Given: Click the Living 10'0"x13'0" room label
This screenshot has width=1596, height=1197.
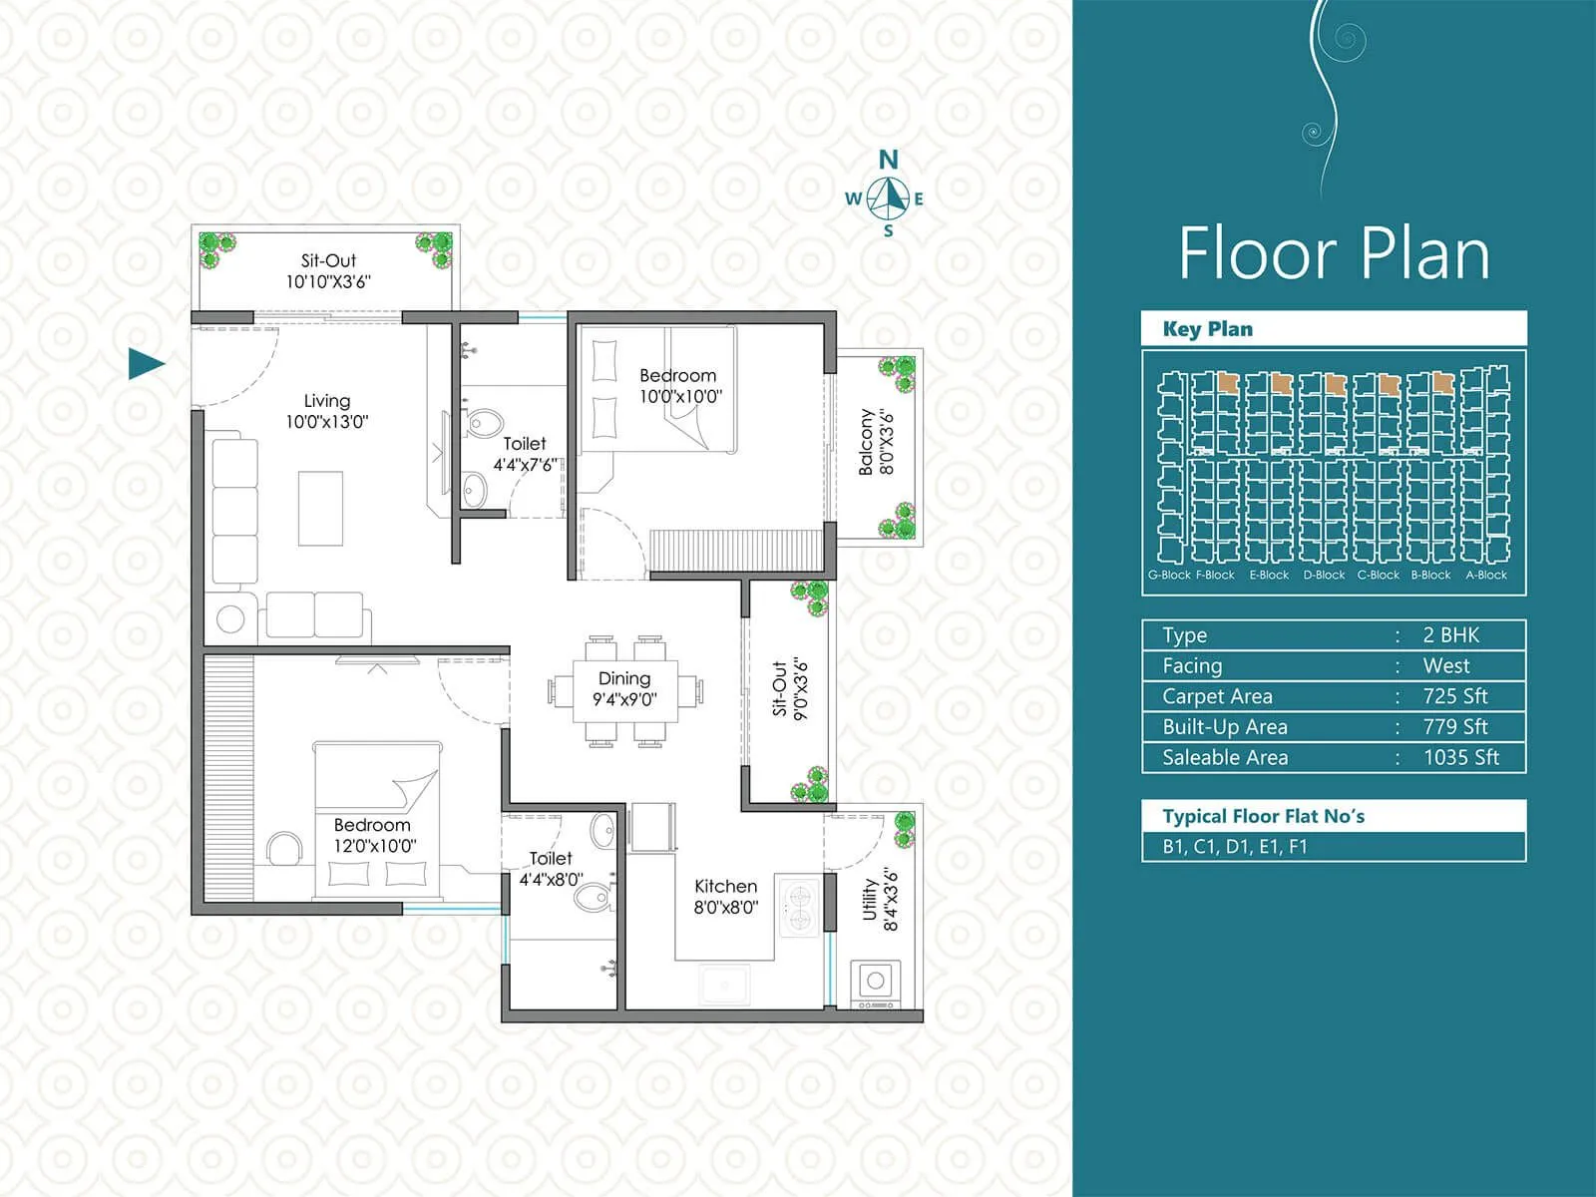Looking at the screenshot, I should (x=327, y=411).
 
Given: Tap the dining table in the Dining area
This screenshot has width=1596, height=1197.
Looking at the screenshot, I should (x=624, y=690).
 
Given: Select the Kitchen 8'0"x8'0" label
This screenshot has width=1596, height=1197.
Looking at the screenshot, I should (x=726, y=896).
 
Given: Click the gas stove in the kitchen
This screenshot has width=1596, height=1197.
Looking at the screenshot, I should (x=799, y=906).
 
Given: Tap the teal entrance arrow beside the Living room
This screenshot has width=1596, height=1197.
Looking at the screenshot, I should (x=146, y=364).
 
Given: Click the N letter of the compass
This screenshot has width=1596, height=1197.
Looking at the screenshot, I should (x=888, y=160).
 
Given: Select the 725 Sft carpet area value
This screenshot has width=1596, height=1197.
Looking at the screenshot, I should (x=1454, y=696).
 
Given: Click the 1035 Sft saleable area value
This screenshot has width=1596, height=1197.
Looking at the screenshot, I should (x=1460, y=757).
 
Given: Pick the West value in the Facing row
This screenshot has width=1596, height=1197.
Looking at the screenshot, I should (x=1446, y=665).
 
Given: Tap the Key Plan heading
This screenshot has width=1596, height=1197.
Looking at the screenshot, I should (x=1207, y=329).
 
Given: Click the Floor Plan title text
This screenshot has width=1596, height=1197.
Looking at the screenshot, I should (x=1334, y=253).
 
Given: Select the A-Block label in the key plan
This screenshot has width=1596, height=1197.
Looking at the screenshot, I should (x=1485, y=575).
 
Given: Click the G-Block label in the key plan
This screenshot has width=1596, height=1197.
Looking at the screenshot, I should (x=1169, y=575).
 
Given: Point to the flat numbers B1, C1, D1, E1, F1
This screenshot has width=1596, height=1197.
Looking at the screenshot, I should (x=1234, y=847).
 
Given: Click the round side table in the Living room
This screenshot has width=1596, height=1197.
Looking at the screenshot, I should (x=230, y=618).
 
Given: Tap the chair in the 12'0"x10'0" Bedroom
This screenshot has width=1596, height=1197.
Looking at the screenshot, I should (x=284, y=849).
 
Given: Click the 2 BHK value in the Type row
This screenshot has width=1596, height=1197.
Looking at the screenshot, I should (x=1450, y=635).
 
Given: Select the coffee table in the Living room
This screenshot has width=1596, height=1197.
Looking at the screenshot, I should (x=321, y=509).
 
